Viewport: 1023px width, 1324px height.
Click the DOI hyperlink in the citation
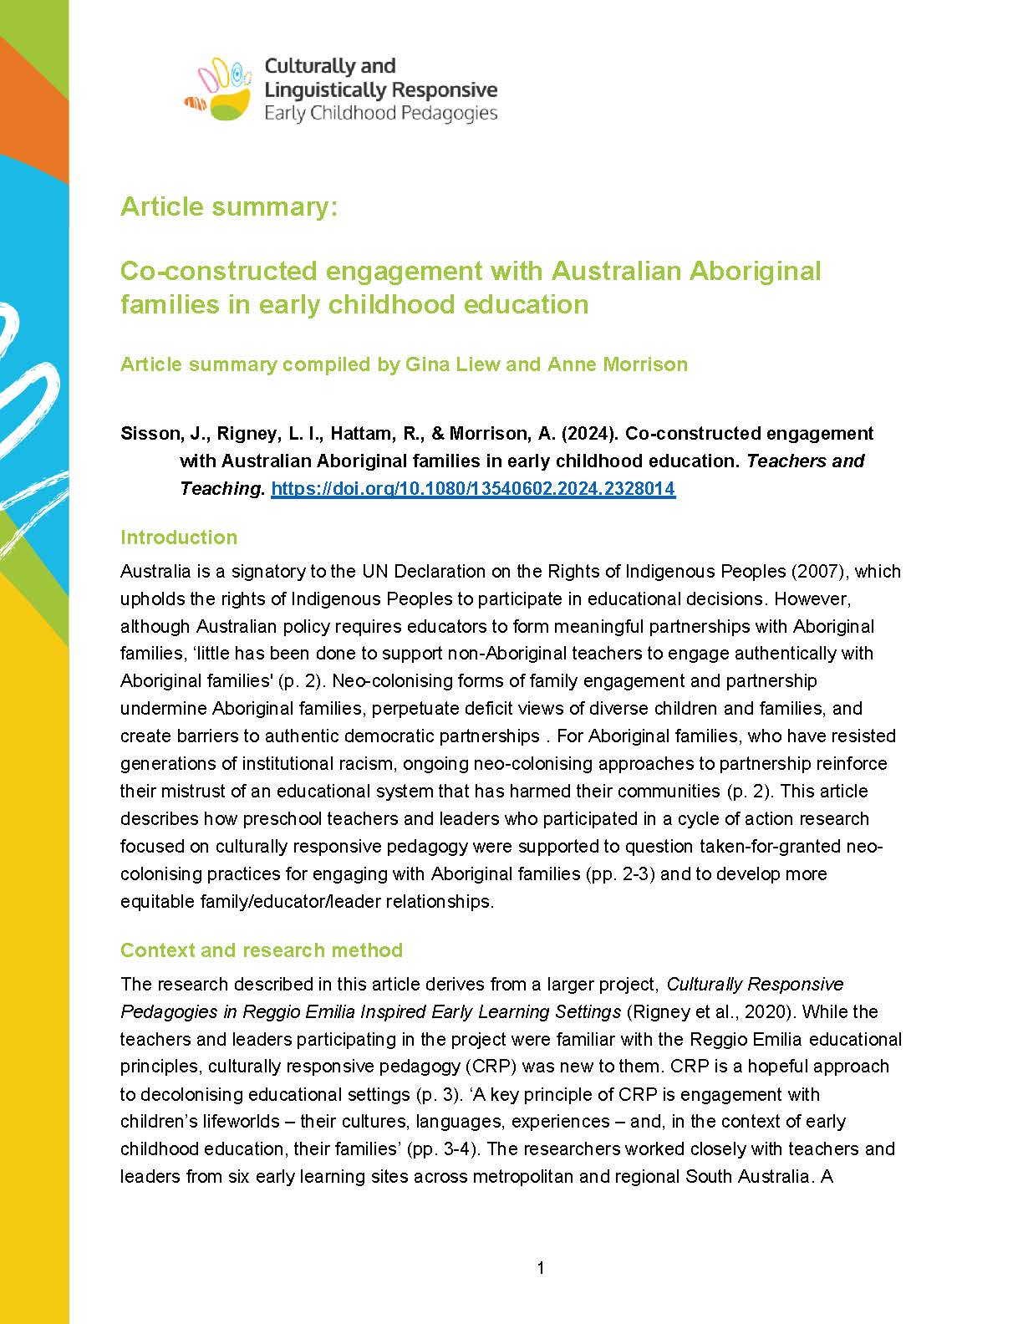point(473,489)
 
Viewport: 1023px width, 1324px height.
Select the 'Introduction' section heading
point(179,537)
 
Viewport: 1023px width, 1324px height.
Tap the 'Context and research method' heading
point(262,950)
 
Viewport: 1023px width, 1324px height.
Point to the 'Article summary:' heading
point(229,206)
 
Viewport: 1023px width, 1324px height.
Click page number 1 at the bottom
point(541,1268)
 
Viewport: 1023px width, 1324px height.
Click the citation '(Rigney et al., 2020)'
point(708,1011)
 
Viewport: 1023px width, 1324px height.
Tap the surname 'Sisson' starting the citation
point(150,434)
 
